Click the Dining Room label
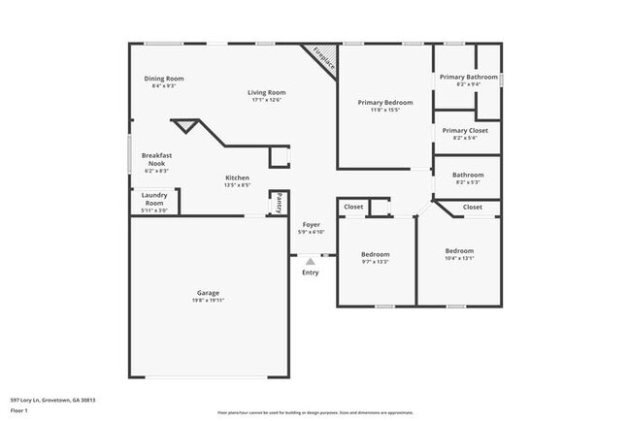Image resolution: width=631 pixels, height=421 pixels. click(x=164, y=79)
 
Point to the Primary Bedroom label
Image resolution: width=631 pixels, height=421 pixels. click(x=384, y=103)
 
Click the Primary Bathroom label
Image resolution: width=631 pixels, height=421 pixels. click(x=468, y=77)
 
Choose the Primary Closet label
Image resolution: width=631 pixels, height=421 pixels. click(x=465, y=130)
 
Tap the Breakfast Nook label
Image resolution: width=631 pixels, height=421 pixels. click(x=157, y=158)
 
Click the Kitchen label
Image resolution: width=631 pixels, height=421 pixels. click(x=238, y=178)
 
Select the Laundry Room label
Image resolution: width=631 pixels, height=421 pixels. click(x=154, y=199)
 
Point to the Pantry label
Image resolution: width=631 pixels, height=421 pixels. click(x=279, y=203)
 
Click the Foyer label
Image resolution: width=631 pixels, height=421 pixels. click(x=311, y=224)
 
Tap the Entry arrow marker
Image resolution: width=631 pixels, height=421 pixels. click(x=311, y=260)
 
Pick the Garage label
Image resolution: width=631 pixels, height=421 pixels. click(x=208, y=293)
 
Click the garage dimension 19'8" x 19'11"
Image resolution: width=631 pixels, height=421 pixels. click(x=208, y=301)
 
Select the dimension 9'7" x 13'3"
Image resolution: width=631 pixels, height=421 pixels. click(x=375, y=262)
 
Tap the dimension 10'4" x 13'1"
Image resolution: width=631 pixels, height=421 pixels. click(x=459, y=258)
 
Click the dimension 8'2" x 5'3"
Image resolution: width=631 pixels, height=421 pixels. click(x=467, y=182)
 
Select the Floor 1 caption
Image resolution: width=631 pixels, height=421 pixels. click(x=19, y=409)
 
